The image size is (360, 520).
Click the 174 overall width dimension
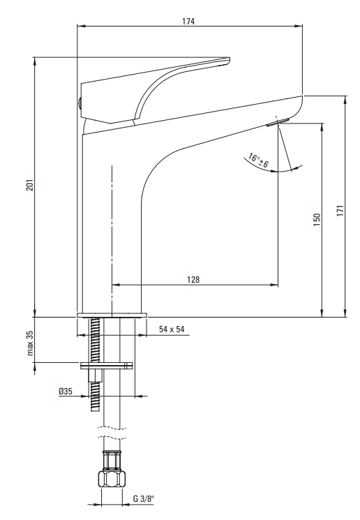tap(188, 22)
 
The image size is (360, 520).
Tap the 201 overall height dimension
tap(30, 185)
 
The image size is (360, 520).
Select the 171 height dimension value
tap(340, 211)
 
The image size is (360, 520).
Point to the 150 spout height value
tap(317, 220)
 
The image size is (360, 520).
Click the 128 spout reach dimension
tap(193, 280)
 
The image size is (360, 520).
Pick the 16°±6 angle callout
tap(259, 160)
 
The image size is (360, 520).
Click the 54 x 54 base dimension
tap(172, 329)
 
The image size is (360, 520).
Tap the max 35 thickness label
tap(30, 343)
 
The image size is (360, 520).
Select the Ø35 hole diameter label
tap(66, 392)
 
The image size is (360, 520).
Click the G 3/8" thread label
tap(144, 498)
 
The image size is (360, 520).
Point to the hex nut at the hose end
tap(112, 479)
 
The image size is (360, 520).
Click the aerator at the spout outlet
tap(278, 122)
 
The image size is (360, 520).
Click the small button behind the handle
tap(80, 103)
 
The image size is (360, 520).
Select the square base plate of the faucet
tap(112, 315)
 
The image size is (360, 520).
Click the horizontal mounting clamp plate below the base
tap(107, 366)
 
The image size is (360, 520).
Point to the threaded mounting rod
tap(94, 364)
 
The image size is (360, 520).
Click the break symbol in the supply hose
tap(113, 431)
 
